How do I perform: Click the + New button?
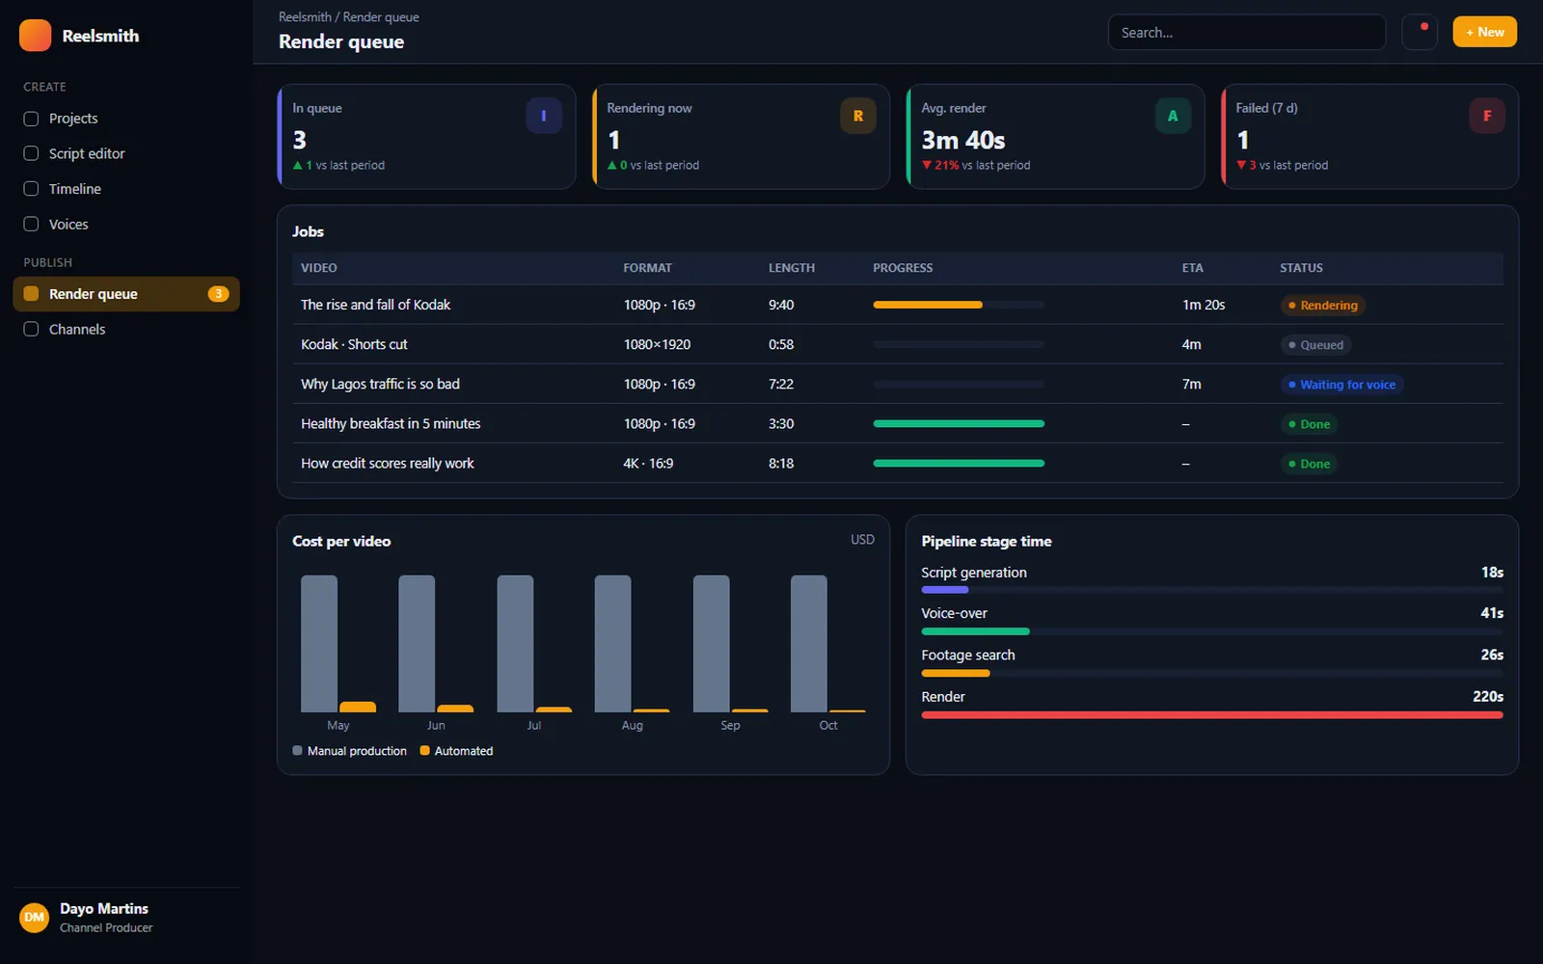tap(1484, 32)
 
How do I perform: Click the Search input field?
tap(1246, 33)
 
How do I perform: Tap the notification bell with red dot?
tap(1420, 32)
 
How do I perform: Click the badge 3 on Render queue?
tap(218, 294)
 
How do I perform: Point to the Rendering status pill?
tap(1322, 305)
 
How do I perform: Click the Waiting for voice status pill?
tap(1341, 385)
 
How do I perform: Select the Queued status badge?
tap(1315, 345)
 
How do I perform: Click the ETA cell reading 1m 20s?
tap(1204, 305)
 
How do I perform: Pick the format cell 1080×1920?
tap(657, 344)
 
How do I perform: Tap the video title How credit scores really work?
tap(387, 464)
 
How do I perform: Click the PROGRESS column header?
tap(903, 268)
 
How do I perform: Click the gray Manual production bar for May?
tap(319, 643)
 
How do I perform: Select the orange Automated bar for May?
tap(358, 708)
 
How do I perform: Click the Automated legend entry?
tap(456, 751)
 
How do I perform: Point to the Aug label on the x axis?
tap(632, 725)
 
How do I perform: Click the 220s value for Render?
tap(1488, 696)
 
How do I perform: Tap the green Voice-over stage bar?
tap(975, 631)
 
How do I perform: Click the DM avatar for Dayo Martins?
tap(34, 917)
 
